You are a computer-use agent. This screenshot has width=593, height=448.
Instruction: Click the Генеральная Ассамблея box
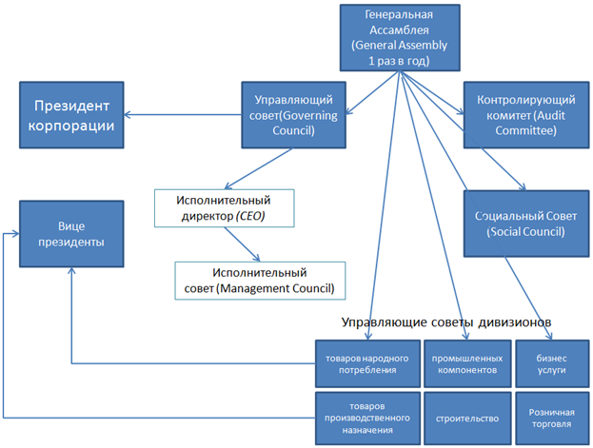399,37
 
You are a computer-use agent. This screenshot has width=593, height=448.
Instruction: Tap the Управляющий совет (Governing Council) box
291,116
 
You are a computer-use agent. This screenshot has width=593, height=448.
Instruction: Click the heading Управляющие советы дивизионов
447,322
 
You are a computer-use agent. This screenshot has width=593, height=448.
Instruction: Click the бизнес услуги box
548,363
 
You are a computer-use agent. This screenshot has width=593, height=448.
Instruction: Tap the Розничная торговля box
548,418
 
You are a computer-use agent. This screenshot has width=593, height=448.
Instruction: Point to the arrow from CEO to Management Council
250,244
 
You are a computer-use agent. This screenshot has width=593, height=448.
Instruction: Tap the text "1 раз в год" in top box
399,61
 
